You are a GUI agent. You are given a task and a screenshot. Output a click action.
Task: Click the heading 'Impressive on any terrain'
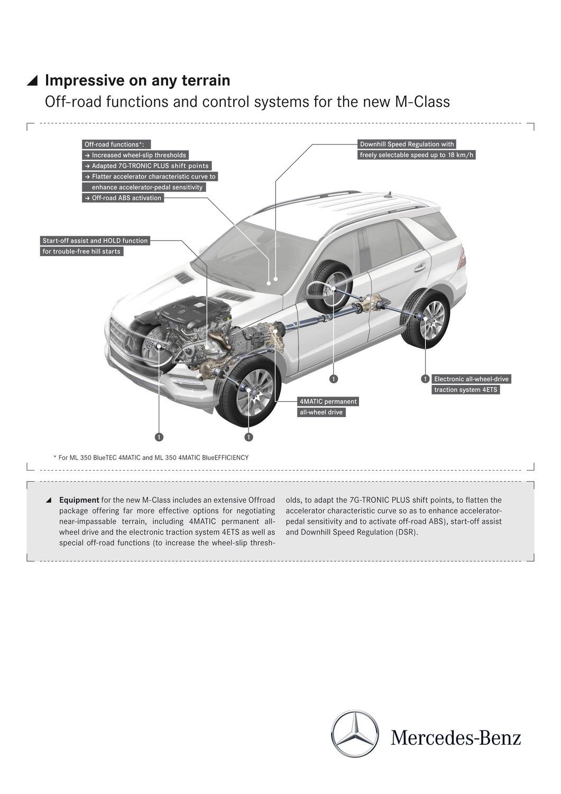point(137,80)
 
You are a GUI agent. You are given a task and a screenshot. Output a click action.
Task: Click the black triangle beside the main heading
point(33,81)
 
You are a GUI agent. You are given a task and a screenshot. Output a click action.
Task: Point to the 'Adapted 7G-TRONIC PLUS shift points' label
point(146,166)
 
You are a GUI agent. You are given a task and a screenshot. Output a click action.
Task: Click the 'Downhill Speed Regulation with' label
point(406,144)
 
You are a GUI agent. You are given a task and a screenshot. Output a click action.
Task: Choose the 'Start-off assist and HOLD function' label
point(95,241)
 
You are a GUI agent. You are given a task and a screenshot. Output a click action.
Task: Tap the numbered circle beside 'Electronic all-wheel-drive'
point(425,379)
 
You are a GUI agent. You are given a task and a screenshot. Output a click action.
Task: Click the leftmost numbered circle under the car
point(159,437)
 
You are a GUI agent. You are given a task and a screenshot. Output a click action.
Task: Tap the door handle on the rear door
point(419,267)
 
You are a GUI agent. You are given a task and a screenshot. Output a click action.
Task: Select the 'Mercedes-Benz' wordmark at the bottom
point(456,737)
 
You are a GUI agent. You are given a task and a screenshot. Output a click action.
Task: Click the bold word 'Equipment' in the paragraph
point(79,500)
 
